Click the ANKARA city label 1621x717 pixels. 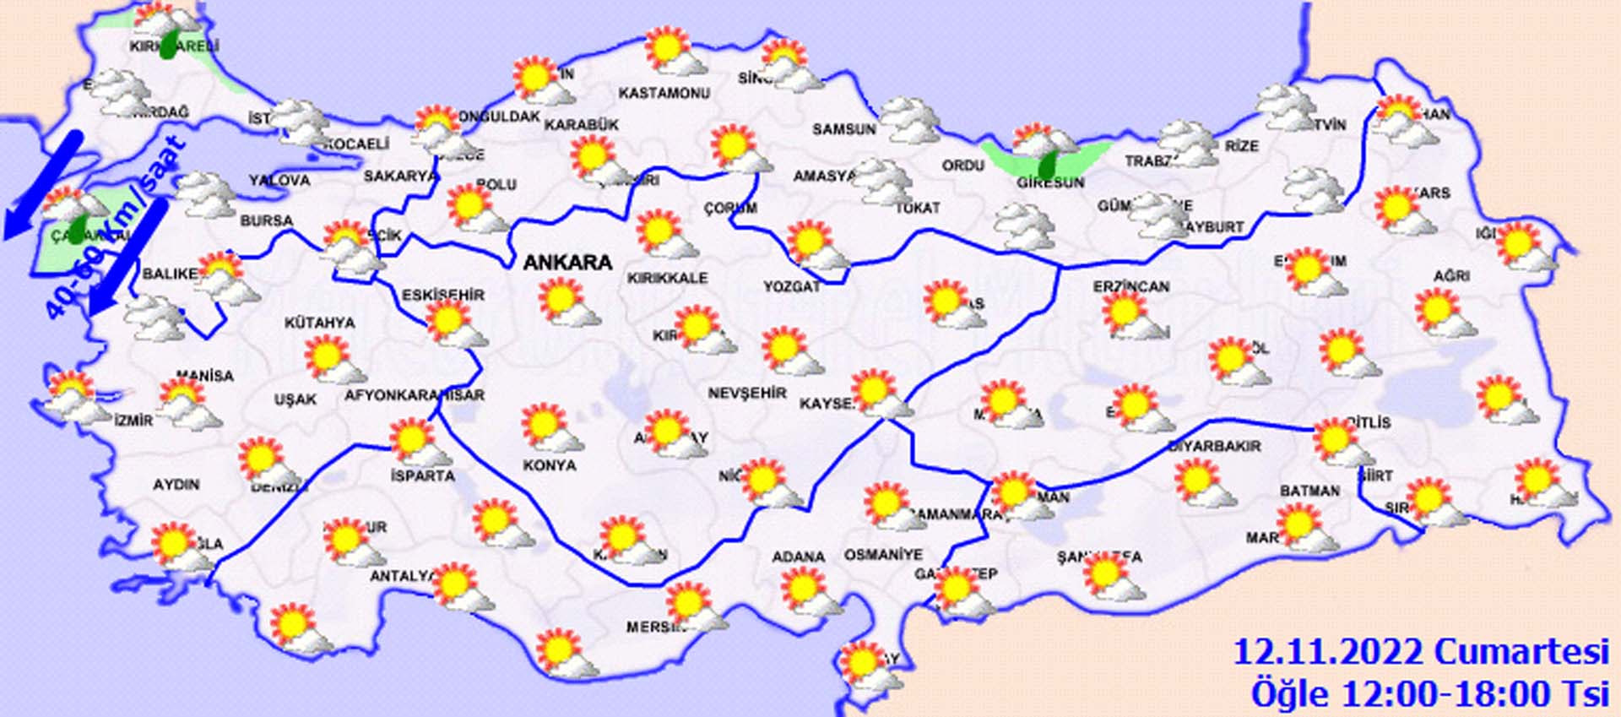coord(567,263)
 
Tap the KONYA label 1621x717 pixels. coord(549,465)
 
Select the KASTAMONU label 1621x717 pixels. coord(664,93)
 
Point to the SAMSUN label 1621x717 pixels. coord(843,129)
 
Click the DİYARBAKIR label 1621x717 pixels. coord(1214,446)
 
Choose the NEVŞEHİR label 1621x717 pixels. coord(747,393)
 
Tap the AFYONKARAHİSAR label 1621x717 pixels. coord(415,395)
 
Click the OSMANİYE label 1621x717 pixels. coord(883,555)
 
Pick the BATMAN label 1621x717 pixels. coord(1309,491)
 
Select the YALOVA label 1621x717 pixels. coord(279,180)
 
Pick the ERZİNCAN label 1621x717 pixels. coord(1130,287)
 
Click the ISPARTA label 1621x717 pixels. coord(422,475)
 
